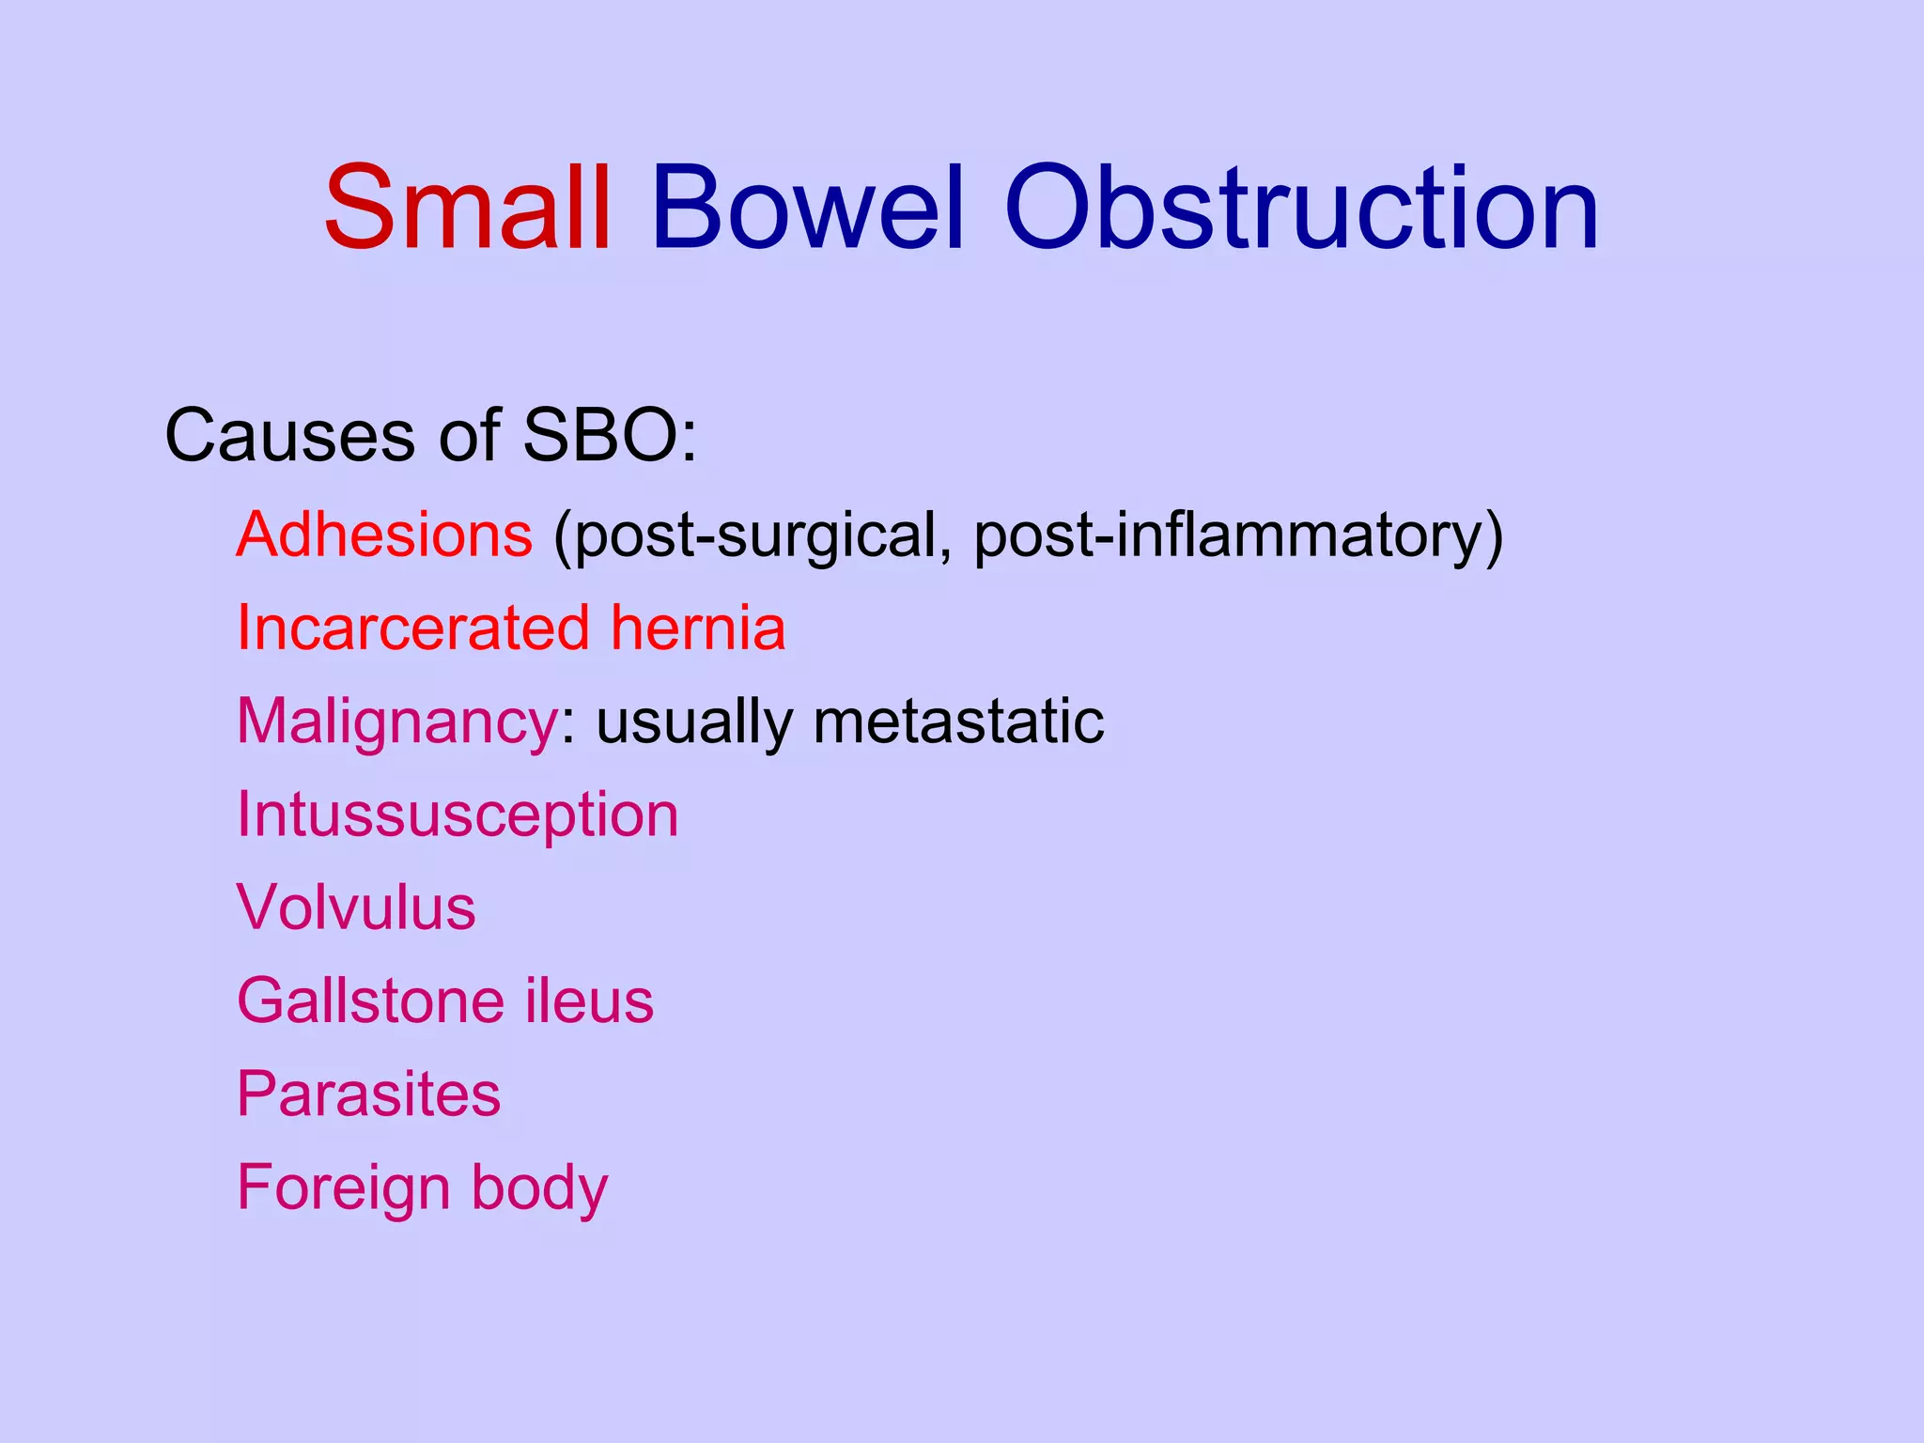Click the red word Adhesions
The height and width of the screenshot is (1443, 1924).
[384, 535]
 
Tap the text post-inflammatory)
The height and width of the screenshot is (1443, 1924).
[1238, 536]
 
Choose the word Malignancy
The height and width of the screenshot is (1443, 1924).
[397, 722]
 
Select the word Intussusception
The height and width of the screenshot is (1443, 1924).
[458, 815]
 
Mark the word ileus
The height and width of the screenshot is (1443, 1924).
[589, 1001]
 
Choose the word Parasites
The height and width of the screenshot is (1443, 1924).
[368, 1094]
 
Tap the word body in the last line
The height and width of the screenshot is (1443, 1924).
[539, 1188]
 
